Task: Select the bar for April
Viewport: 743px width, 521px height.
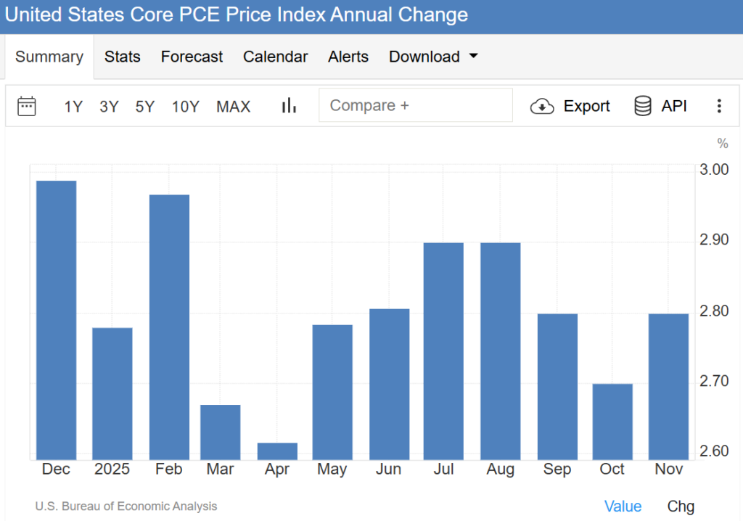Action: [277, 451]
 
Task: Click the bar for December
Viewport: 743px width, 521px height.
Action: [57, 319]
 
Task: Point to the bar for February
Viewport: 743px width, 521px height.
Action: [169, 327]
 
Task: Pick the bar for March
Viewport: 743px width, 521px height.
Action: [221, 432]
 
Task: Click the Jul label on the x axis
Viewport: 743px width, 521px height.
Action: [443, 469]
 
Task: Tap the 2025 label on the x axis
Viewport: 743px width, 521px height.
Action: [112, 469]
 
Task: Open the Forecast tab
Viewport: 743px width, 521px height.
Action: [192, 57]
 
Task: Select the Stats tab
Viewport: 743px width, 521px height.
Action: [122, 57]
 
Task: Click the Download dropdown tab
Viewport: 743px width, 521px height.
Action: [433, 57]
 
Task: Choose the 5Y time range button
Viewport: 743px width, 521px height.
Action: [145, 107]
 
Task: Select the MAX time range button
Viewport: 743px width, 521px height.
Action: [233, 107]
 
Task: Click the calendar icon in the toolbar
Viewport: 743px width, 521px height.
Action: [27, 106]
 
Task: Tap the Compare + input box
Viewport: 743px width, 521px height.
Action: [415, 105]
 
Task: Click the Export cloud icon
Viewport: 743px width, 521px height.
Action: [542, 107]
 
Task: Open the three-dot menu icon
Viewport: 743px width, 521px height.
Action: [719, 106]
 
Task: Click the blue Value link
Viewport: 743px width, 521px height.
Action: [623, 506]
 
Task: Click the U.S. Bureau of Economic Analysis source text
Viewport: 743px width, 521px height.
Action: [126, 506]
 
